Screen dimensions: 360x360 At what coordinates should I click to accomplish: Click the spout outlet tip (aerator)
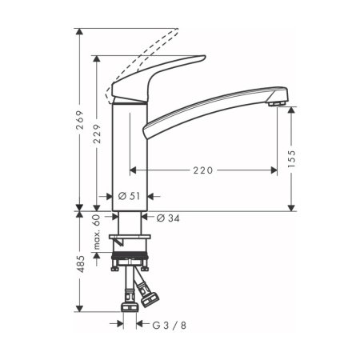(276, 102)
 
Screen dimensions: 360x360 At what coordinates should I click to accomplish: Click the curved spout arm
(208, 108)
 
